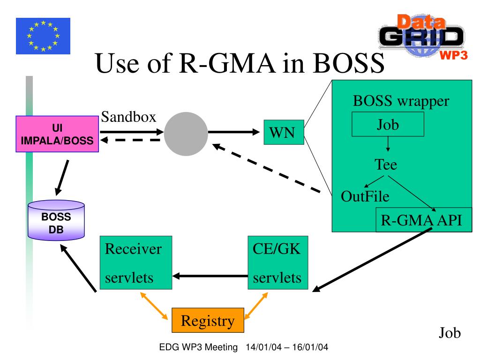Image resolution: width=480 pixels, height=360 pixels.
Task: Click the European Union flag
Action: [x=43, y=36]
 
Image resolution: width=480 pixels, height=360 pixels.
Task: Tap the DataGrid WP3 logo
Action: [x=423, y=37]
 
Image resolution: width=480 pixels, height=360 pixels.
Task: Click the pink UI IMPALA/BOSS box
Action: [x=57, y=134]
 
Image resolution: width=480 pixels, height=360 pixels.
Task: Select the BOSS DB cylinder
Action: [x=56, y=220]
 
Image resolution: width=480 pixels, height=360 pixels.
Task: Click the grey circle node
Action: [x=186, y=134]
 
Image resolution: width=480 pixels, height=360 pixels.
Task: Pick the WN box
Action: [x=284, y=132]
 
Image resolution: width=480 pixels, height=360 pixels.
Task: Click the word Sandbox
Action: [x=128, y=117]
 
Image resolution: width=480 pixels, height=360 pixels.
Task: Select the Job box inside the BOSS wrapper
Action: [x=388, y=124]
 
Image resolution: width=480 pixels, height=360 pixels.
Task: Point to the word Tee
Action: [x=386, y=165]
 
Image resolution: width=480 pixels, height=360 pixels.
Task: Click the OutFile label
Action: [x=365, y=196]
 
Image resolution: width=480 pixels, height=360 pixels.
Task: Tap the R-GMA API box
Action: [x=424, y=220]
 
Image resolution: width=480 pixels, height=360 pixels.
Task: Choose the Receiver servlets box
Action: [x=136, y=262]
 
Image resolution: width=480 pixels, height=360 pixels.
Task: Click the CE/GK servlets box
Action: [x=277, y=262]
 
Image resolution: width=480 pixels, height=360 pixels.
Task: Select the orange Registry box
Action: [x=208, y=320]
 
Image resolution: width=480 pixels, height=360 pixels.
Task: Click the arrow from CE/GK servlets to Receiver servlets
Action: [x=210, y=276]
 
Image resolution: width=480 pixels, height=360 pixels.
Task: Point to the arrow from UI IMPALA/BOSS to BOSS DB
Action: [x=62, y=178]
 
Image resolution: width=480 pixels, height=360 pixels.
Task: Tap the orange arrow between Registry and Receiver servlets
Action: [x=154, y=306]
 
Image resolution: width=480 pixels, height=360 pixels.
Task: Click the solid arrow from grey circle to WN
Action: [x=234, y=132]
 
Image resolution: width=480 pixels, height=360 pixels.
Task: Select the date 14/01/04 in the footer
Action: [x=263, y=347]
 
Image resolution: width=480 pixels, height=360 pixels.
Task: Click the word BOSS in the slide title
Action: [x=348, y=63]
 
